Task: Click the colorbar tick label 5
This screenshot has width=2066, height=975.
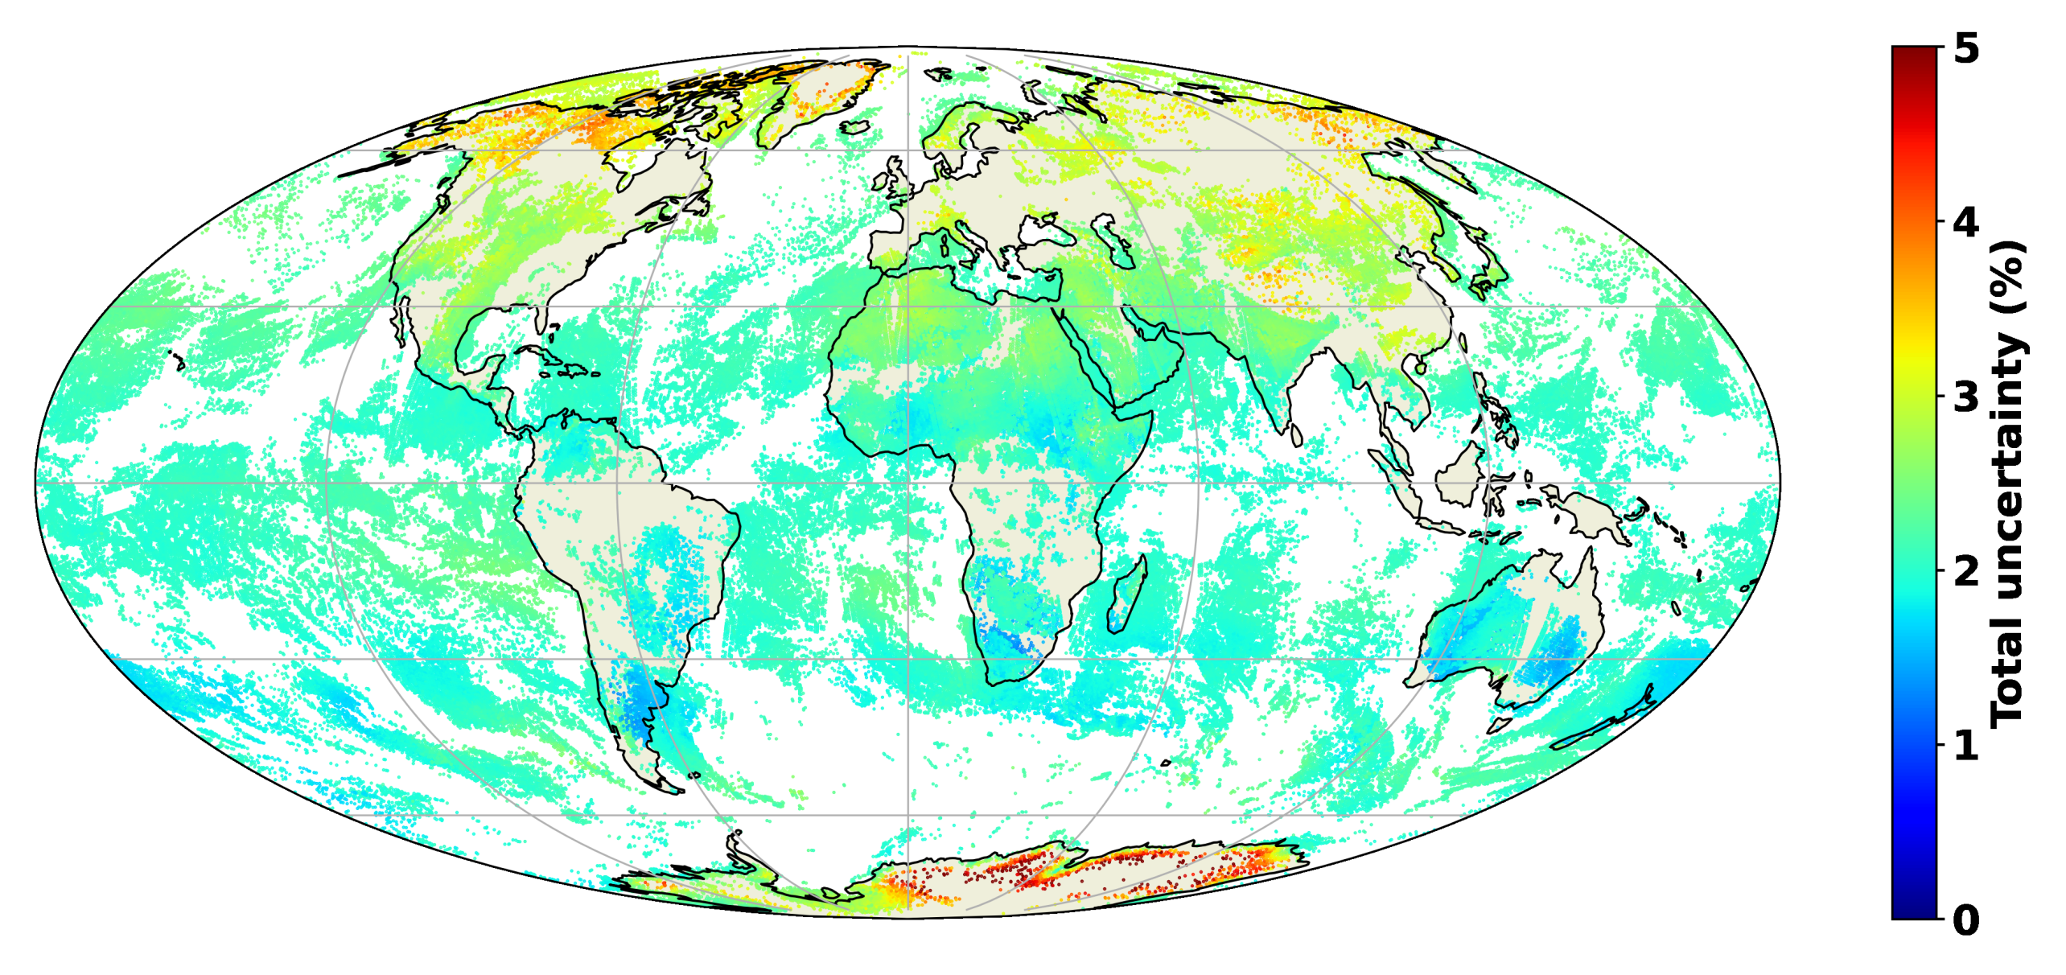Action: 1966,50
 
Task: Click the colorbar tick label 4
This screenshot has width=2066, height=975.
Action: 1966,223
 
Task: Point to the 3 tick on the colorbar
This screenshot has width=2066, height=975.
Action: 1966,397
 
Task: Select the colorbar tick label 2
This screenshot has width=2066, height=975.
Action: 1966,571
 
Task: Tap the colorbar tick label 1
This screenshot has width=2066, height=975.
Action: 1966,746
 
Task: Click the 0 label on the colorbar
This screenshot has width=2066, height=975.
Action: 1966,919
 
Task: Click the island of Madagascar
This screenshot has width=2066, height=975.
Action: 1126,595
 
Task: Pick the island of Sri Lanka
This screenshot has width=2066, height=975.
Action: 1296,435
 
